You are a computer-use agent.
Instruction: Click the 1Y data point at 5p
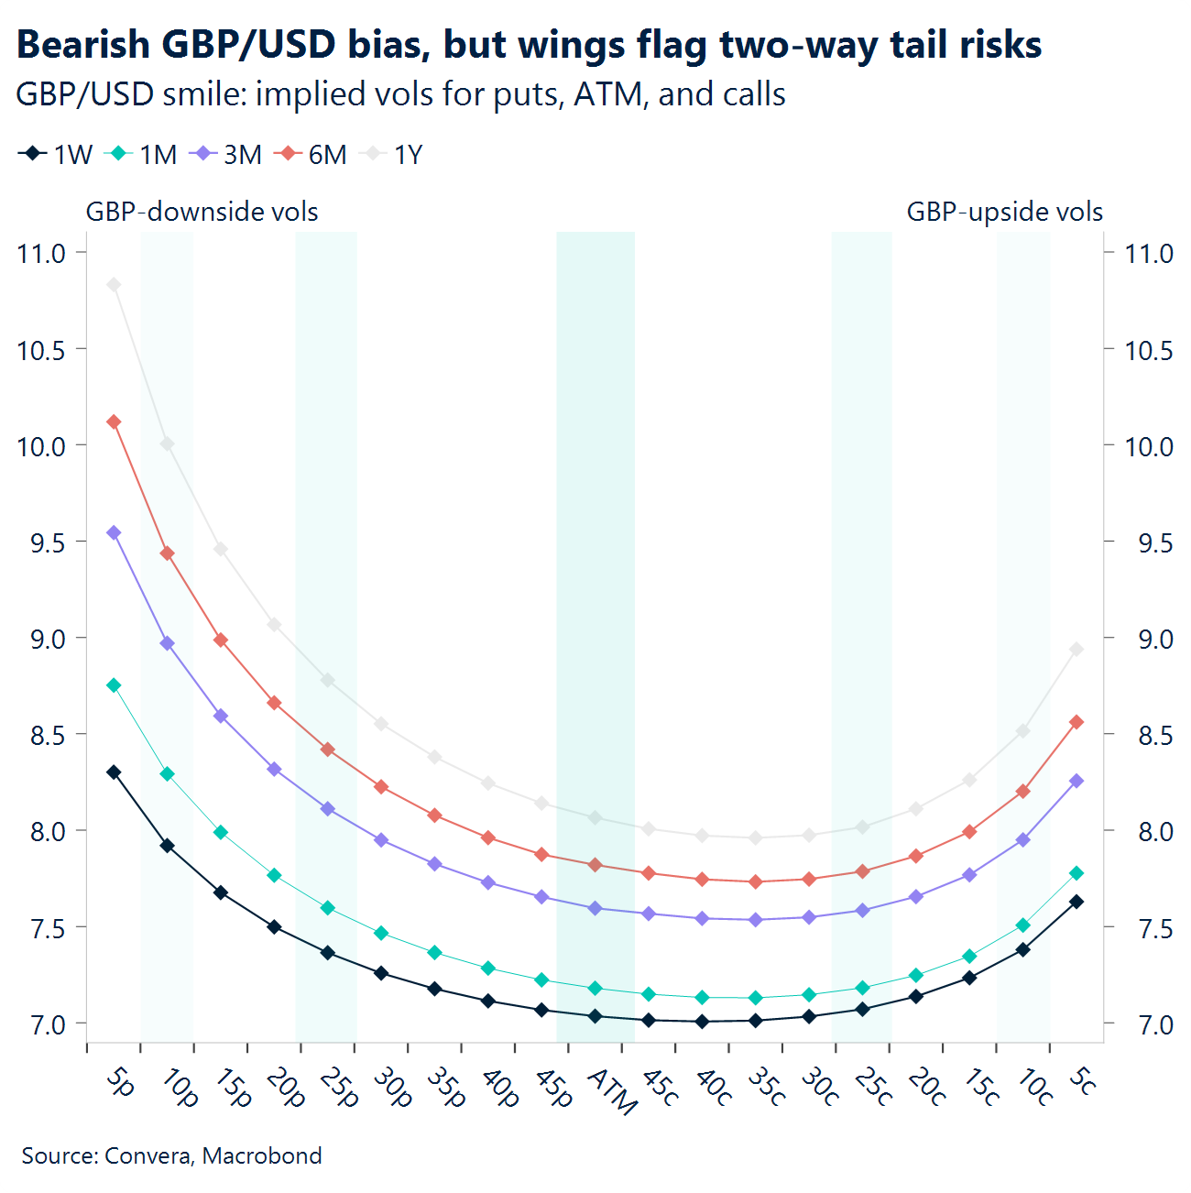[114, 285]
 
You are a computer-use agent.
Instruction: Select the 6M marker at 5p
[114, 421]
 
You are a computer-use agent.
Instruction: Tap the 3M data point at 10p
[168, 643]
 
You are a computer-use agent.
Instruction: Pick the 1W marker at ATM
[595, 1016]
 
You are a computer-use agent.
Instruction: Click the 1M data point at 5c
[1076, 873]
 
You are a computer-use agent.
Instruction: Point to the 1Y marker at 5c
[1076, 649]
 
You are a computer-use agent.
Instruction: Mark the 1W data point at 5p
[114, 772]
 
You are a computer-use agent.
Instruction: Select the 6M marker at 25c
[862, 870]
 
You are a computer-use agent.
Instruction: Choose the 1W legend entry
[56, 155]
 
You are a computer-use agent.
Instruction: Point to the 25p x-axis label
[338, 1088]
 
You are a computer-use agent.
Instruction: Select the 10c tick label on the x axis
[1034, 1087]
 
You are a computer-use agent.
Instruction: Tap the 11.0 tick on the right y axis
[1149, 253]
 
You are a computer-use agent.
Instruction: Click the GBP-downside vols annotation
[202, 212]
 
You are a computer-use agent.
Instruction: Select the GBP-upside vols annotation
[1004, 212]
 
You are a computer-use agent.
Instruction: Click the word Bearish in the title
[82, 44]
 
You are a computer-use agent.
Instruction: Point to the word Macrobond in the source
[262, 1155]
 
